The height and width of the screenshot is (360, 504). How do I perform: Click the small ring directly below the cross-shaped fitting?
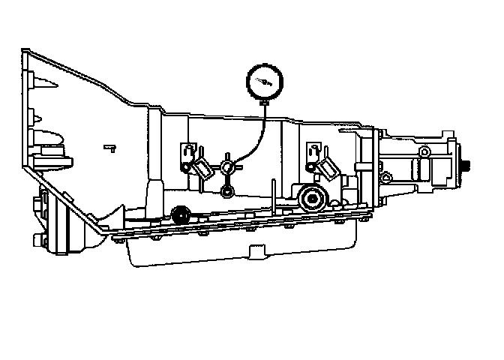point(226,193)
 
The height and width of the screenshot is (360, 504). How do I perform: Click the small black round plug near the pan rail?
point(180,216)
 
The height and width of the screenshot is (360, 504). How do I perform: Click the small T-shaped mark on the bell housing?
point(109,147)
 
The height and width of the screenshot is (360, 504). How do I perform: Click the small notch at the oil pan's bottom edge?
point(250,247)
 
